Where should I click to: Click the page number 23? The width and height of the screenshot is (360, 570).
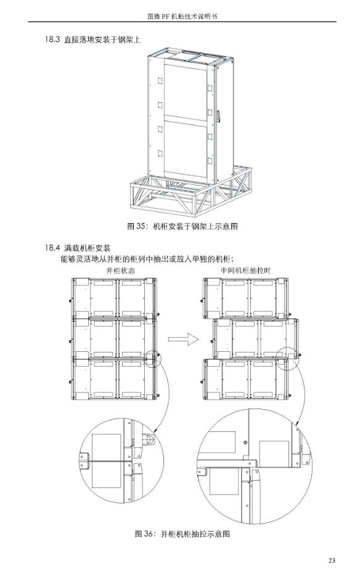pyautogui.click(x=331, y=560)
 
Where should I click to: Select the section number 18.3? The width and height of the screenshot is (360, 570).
pyautogui.click(x=52, y=39)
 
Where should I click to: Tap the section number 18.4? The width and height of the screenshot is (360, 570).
pyautogui.click(x=52, y=248)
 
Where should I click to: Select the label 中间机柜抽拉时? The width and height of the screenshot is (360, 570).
pyautogui.click(x=246, y=271)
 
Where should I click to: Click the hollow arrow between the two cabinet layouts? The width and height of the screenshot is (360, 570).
pyautogui.click(x=184, y=340)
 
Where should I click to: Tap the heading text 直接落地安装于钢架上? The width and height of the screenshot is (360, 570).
pyautogui.click(x=102, y=39)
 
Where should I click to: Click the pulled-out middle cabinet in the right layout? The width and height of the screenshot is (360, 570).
pyautogui.click(x=256, y=339)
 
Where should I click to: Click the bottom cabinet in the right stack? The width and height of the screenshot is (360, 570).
pyautogui.click(x=246, y=379)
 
